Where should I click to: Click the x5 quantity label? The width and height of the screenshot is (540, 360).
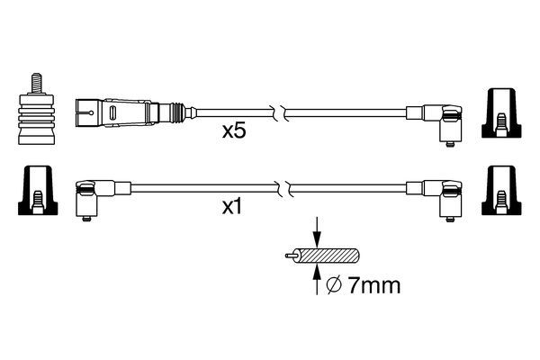click(x=235, y=130)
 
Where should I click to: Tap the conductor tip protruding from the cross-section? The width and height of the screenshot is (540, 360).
click(x=288, y=256)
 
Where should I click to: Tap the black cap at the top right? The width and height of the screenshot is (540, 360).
click(x=501, y=114)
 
